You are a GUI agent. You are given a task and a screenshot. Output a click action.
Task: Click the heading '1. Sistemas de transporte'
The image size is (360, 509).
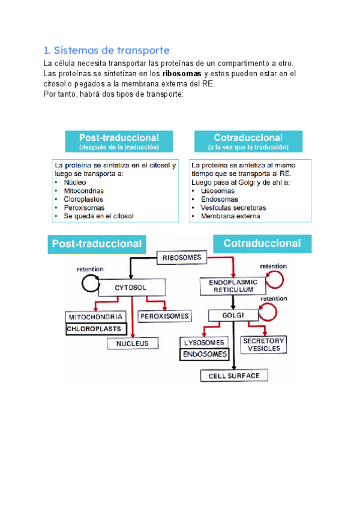[107, 50]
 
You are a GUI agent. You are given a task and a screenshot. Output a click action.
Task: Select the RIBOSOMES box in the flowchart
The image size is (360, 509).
[182, 258]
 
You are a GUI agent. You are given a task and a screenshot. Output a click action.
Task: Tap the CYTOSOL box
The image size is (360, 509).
[131, 288]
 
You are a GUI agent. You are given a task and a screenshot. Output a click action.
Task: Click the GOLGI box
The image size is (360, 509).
[231, 315]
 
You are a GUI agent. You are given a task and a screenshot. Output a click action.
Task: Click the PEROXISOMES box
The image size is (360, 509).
[164, 316]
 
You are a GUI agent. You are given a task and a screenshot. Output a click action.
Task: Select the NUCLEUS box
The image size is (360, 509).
[133, 343]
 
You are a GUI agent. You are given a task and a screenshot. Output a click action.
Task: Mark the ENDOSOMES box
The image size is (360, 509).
[205, 354]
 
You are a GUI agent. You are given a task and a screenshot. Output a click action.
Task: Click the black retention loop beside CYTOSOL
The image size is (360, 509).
[91, 284]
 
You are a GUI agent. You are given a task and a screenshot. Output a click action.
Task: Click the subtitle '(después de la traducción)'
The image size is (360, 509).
[119, 147]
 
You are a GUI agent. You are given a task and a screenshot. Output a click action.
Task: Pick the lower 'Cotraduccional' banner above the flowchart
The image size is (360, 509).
[262, 243]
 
